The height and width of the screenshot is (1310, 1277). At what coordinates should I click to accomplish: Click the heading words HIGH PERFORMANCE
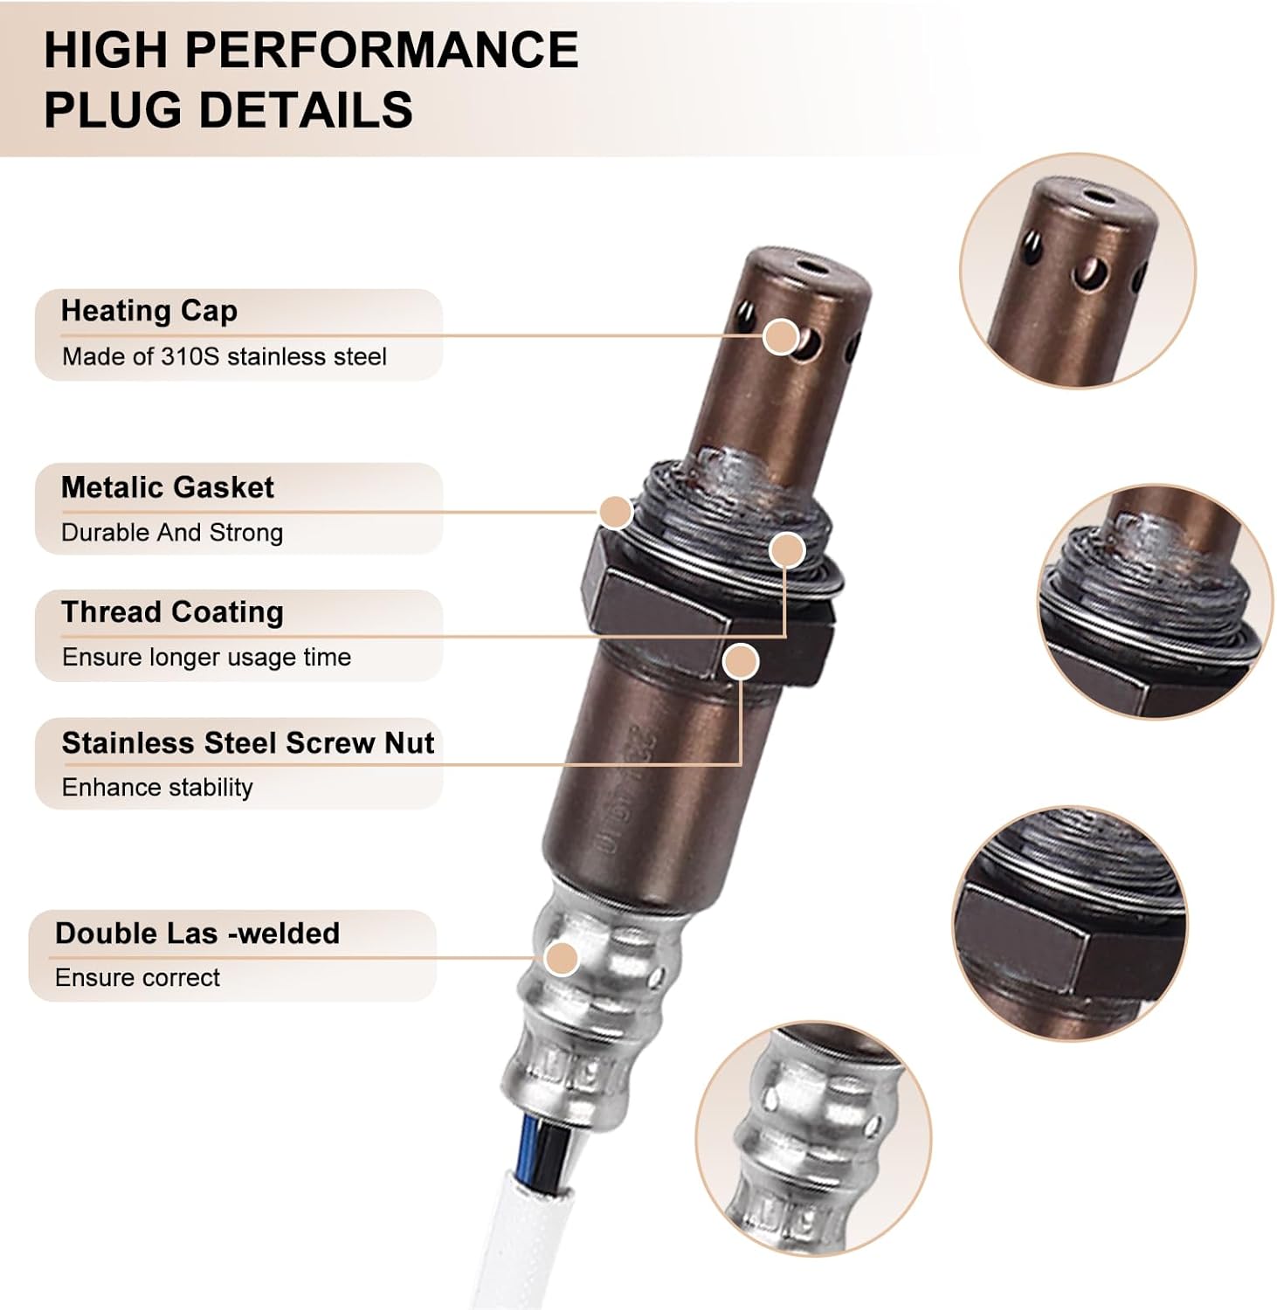pos(310,49)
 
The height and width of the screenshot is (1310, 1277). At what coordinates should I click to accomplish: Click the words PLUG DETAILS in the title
pos(228,110)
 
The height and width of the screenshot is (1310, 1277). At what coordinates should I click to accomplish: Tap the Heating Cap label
pos(148,311)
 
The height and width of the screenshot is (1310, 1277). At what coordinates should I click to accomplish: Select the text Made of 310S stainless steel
pos(224,356)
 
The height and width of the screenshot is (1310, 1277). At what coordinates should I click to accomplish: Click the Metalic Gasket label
pos(167,487)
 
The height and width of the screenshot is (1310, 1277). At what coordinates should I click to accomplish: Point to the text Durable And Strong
pos(172,533)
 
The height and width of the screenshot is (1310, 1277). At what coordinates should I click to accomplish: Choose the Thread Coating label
pos(172,612)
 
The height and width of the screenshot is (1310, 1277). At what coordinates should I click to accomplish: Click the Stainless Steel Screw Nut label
pos(247,743)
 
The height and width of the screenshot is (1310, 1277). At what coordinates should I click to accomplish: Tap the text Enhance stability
pos(157,788)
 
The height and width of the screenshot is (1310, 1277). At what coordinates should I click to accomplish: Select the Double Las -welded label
pos(197,934)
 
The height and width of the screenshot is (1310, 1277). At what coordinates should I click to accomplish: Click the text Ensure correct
pos(137,978)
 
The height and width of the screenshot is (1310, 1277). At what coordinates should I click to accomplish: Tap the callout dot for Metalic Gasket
pos(616,513)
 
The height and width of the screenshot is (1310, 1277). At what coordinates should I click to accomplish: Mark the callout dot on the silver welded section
pos(561,959)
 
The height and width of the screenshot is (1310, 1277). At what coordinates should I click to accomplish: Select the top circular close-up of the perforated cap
pos(1077,271)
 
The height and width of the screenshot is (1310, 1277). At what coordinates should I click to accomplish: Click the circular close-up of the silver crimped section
pos(813,1139)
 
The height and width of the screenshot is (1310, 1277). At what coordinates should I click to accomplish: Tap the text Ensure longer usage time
pos(206,658)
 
